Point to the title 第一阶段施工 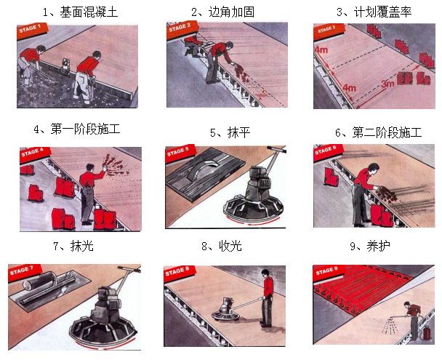(77, 129)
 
